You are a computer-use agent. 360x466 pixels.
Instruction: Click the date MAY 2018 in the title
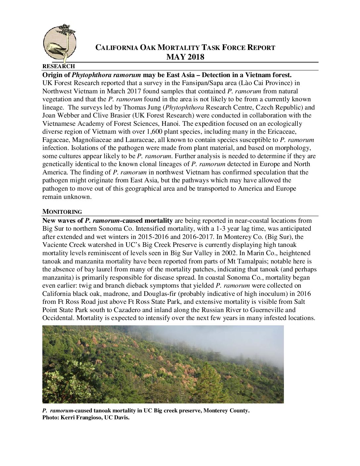tap(185, 57)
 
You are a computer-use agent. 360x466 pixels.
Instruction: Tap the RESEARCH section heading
tap(59, 66)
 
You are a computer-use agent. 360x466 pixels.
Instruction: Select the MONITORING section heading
tap(62, 212)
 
